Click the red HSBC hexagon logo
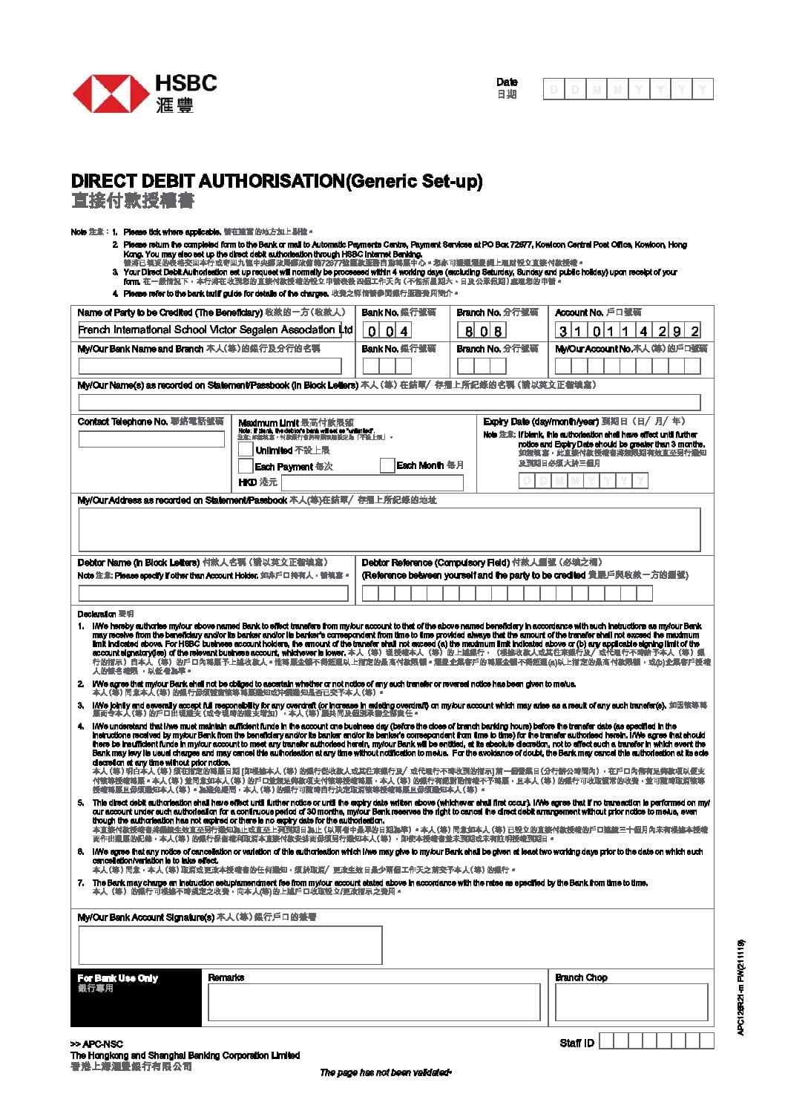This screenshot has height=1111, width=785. click(109, 94)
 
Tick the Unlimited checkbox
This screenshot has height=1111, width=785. click(246, 450)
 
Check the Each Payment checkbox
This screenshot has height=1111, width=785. click(246, 466)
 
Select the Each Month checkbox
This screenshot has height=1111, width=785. click(387, 465)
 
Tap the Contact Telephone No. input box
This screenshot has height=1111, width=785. click(151, 439)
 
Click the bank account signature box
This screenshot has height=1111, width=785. click(230, 945)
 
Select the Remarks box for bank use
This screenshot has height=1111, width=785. click(374, 1003)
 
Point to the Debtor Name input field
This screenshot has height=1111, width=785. click(213, 593)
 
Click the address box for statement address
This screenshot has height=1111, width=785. click(389, 529)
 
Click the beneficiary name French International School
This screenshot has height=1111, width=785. click(215, 330)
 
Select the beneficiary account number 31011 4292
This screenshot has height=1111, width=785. click(628, 331)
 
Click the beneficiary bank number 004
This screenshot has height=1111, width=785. click(387, 331)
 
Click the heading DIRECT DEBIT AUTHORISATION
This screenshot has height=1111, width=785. click(208, 181)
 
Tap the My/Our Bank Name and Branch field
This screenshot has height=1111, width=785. click(210, 366)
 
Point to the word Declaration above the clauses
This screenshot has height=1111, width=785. click(96, 615)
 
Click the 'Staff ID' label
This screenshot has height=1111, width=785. click(577, 1043)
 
